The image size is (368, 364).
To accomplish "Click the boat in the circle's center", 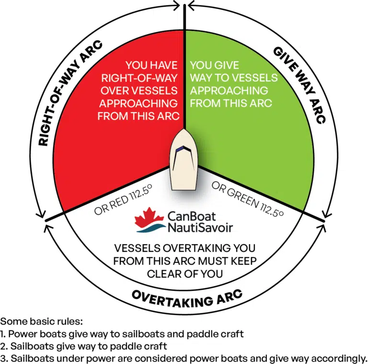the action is (184, 160).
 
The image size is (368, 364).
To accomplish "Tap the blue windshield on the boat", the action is (183, 148).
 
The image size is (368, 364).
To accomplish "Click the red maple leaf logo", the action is (149, 217).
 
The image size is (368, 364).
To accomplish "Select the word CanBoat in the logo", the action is (192, 216).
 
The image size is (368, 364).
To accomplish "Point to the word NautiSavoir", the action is (200, 227).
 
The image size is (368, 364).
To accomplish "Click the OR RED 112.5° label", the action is (123, 200).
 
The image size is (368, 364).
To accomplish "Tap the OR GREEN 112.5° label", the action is (248, 199).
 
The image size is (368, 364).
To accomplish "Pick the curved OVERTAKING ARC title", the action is (187, 299).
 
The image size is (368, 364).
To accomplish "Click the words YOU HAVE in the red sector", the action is (151, 65).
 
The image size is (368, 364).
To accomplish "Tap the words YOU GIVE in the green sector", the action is (214, 65).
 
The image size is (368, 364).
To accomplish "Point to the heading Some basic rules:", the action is (42, 321).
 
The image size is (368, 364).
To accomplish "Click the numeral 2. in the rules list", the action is (4, 346).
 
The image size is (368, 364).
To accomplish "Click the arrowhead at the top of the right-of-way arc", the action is (176, 6).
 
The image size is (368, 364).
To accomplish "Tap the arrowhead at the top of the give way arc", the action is (192, 6).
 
